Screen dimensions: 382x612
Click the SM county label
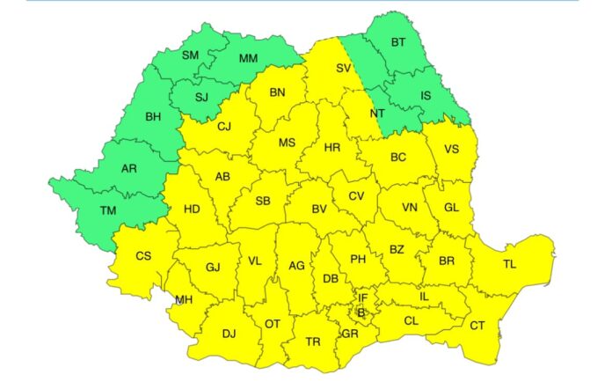click(191, 55)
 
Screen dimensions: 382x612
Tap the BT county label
click(398, 42)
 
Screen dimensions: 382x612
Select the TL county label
click(510, 264)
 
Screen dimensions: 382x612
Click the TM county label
click(107, 211)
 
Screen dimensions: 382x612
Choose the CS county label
click(143, 256)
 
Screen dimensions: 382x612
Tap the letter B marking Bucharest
click(361, 312)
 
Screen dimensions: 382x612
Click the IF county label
click(362, 298)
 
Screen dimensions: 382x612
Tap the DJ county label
click(229, 334)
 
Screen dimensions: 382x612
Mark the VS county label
click(451, 150)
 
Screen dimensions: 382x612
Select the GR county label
click(350, 334)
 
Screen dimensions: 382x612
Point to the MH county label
click(184, 299)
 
